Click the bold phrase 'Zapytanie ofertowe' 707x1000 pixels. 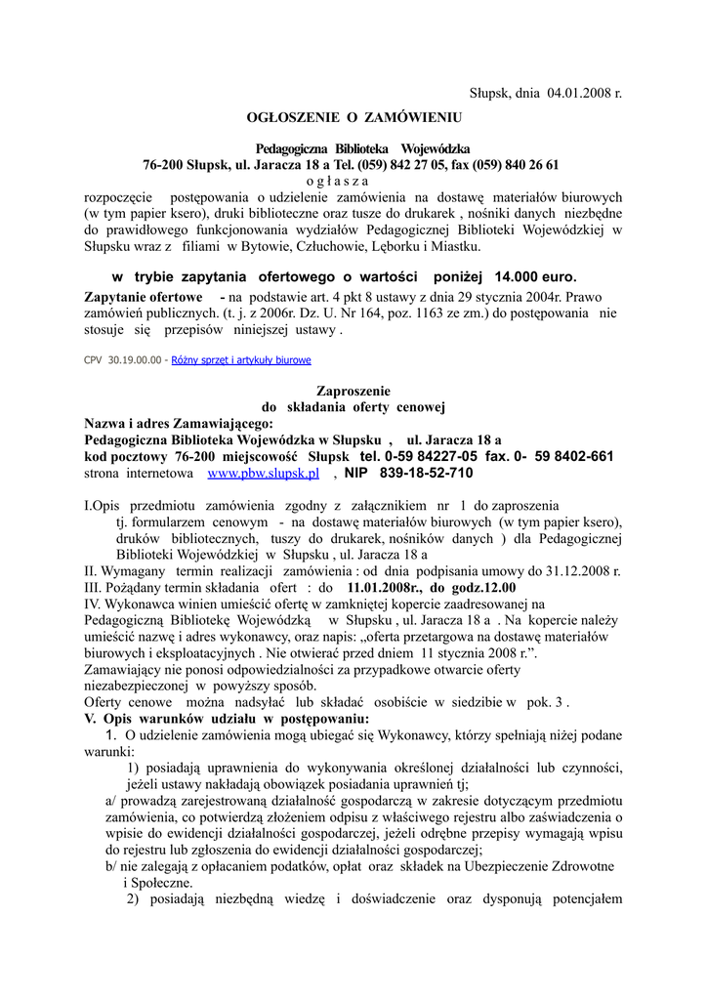pos(144,296)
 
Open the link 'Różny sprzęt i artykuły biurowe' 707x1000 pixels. pos(241,360)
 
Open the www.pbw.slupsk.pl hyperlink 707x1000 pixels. pos(264,474)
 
